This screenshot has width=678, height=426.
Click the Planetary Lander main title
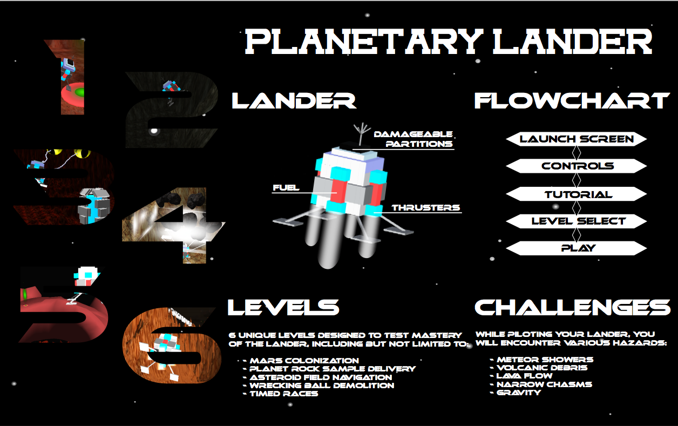(x=449, y=42)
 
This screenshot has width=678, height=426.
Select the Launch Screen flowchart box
(x=577, y=139)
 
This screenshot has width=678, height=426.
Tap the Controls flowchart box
(x=577, y=166)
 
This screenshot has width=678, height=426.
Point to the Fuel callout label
(x=286, y=188)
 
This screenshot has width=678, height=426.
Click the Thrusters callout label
(x=425, y=208)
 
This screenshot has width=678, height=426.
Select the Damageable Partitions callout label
(x=413, y=139)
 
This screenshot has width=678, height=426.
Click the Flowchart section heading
(x=572, y=101)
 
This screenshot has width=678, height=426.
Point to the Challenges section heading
(x=572, y=307)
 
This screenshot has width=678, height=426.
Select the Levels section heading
(x=283, y=307)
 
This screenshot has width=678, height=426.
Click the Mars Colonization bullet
(x=304, y=361)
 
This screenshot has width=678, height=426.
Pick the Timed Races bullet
(x=283, y=394)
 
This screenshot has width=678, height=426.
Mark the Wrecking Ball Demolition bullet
(x=321, y=386)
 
